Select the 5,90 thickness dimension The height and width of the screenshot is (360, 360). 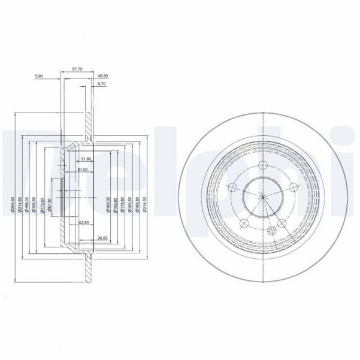pos(39,77)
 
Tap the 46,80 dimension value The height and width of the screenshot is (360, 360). pos(103,77)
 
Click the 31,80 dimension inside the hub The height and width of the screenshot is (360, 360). pos(85,159)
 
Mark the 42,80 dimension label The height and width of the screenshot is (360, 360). pos(84,223)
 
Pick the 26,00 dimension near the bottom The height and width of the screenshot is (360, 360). pos(102,238)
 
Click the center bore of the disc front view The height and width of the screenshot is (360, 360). pos(261,196)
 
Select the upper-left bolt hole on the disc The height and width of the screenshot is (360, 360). pos(232,186)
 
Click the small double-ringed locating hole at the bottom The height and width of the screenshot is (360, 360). pos(273,231)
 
